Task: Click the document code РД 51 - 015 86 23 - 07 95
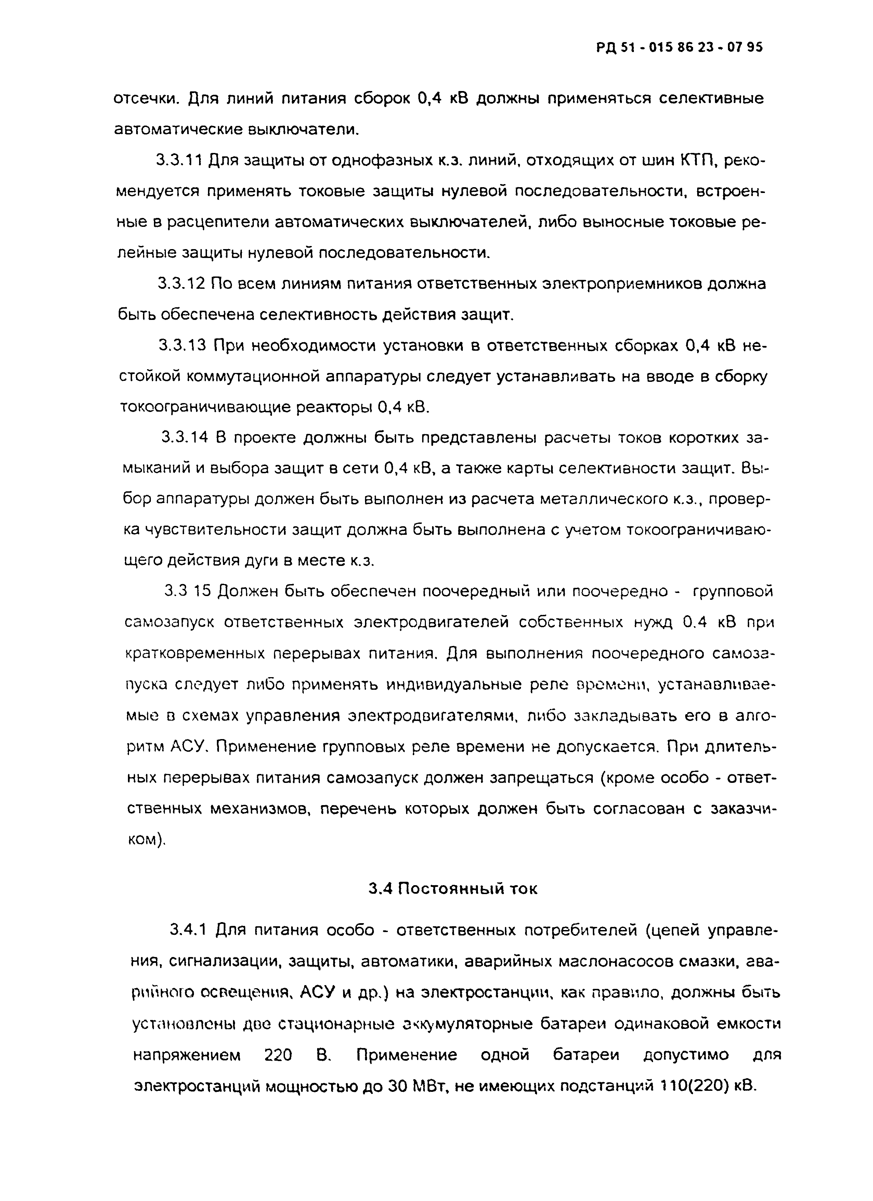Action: tap(679, 47)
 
